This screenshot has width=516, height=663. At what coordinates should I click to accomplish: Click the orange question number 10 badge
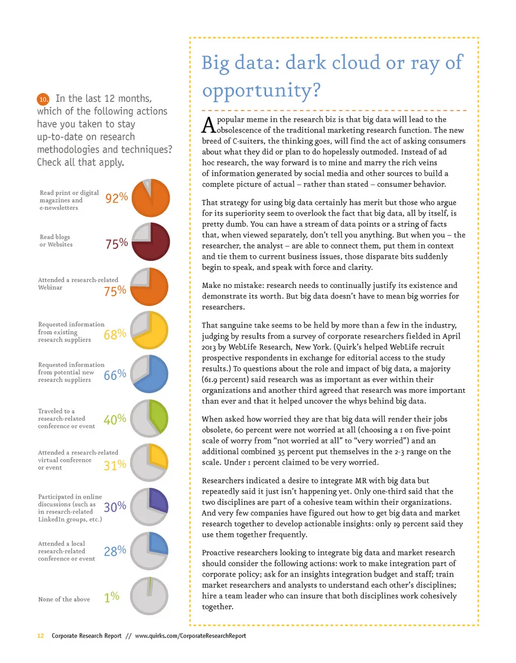43,99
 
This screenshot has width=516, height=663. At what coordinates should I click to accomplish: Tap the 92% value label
117,198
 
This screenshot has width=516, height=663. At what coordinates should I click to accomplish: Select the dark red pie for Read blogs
150,242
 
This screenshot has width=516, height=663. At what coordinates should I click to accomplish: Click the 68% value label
114,335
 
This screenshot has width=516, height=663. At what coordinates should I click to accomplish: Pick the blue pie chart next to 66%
149,373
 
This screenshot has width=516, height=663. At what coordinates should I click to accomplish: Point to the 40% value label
114,419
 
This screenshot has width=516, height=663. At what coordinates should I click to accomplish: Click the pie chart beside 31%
149,463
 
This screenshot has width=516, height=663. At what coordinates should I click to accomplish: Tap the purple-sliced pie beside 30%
149,506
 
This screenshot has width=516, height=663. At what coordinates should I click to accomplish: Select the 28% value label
114,551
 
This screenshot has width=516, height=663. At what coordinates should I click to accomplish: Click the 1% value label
111,597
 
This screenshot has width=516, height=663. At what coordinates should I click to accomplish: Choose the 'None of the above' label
64,599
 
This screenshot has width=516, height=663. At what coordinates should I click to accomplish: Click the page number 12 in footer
40,636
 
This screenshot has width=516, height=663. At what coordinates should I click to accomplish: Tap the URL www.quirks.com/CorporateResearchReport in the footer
190,636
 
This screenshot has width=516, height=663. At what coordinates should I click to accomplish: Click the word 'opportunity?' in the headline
261,90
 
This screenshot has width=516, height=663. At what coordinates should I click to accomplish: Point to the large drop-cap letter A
209,125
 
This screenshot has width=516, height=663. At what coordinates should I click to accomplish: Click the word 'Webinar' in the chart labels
50,287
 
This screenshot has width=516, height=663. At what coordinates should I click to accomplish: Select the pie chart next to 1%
149,596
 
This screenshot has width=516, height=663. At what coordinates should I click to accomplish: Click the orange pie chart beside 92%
150,198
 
